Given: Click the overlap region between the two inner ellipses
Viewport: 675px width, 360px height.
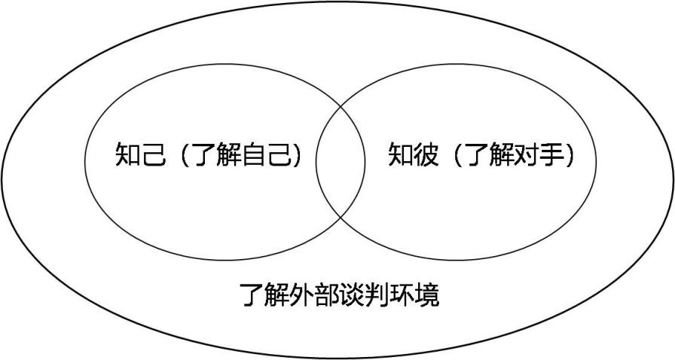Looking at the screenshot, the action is click(x=341, y=161).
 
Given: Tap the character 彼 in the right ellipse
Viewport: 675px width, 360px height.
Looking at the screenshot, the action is click(x=426, y=154).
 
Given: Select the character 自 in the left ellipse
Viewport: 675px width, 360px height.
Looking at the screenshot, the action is click(x=255, y=154).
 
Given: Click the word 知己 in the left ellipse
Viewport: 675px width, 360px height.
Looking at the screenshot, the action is click(x=141, y=154).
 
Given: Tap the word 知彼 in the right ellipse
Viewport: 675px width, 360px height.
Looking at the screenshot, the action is click(x=414, y=154).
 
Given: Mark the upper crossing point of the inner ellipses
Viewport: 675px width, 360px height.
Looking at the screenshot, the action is click(x=341, y=105).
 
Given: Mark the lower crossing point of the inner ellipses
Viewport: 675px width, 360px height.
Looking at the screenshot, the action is click(x=341, y=218).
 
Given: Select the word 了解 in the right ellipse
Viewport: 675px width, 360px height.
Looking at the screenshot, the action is click(x=490, y=154).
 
